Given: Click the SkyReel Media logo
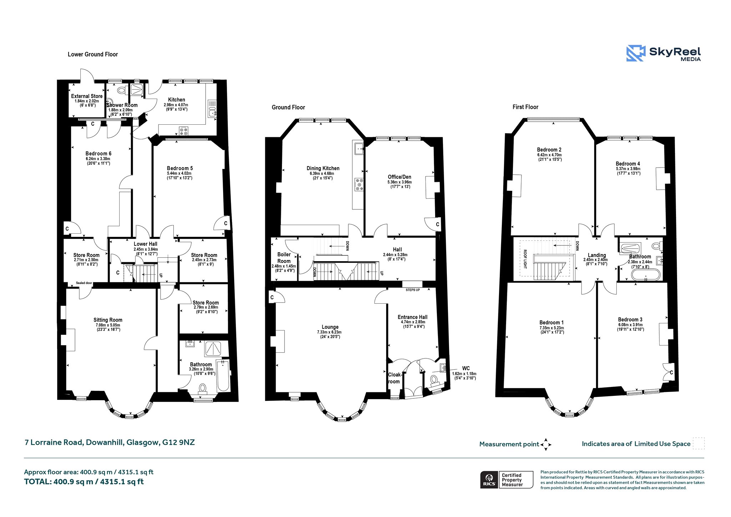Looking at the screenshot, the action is point(664,53).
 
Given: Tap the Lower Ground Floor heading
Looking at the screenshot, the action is point(93,54).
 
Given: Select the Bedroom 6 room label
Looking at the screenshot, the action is point(98,154).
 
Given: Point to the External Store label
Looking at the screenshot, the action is point(87,96).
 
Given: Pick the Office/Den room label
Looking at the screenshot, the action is point(399,177).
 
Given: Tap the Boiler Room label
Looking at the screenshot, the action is point(284,258).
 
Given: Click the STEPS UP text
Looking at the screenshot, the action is point(413,290).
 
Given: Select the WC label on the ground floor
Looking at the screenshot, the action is point(466,368).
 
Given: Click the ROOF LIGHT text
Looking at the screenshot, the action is point(525,259).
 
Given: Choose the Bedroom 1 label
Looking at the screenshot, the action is point(551,323).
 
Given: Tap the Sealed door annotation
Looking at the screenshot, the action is point(84,283).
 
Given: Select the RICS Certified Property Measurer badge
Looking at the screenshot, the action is point(506,479).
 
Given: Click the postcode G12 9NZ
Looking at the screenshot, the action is point(178,442).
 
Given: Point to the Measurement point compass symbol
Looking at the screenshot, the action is point(546,444).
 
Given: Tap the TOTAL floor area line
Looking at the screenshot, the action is point(84,482).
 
